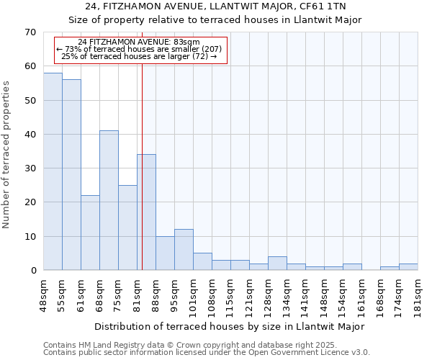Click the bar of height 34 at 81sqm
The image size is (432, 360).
(x=146, y=212)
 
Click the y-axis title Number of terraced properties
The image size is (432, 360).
(x=6, y=155)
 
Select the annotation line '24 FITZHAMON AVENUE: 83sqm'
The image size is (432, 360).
(x=139, y=42)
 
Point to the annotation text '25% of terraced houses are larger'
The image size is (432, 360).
(x=139, y=56)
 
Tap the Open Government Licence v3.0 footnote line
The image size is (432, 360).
(x=207, y=353)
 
